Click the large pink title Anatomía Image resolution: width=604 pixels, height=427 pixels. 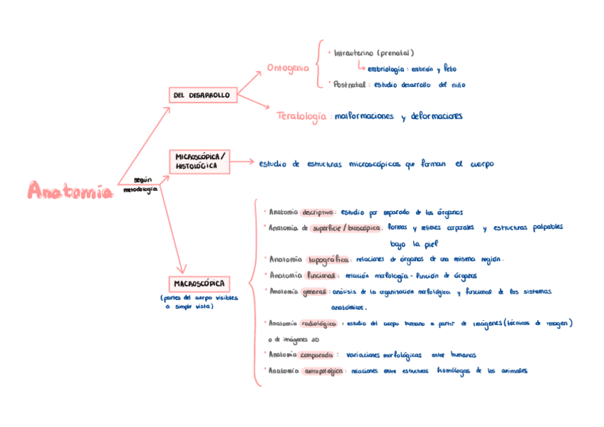(70, 190)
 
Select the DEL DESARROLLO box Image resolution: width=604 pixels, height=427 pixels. (199, 95)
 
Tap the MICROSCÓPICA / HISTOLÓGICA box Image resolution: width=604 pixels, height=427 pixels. (199, 162)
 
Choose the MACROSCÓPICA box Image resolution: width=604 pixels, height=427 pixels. (199, 284)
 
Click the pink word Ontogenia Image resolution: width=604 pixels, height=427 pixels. (288, 68)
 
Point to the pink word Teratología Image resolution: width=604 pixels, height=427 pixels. (302, 115)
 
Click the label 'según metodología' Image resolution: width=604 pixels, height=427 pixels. (140, 185)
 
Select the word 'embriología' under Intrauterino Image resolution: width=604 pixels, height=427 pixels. (385, 69)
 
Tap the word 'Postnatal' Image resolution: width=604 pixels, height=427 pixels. (349, 84)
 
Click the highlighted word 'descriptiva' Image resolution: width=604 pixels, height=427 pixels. (318, 212)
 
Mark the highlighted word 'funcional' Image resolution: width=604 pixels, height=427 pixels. (321, 275)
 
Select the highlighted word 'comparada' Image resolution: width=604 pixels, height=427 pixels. (317, 354)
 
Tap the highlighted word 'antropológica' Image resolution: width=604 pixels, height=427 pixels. (324, 371)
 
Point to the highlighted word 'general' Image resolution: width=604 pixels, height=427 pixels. (314, 291)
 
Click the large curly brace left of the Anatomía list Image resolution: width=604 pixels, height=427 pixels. (256, 292)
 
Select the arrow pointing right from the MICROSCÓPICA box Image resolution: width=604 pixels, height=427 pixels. (242, 162)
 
